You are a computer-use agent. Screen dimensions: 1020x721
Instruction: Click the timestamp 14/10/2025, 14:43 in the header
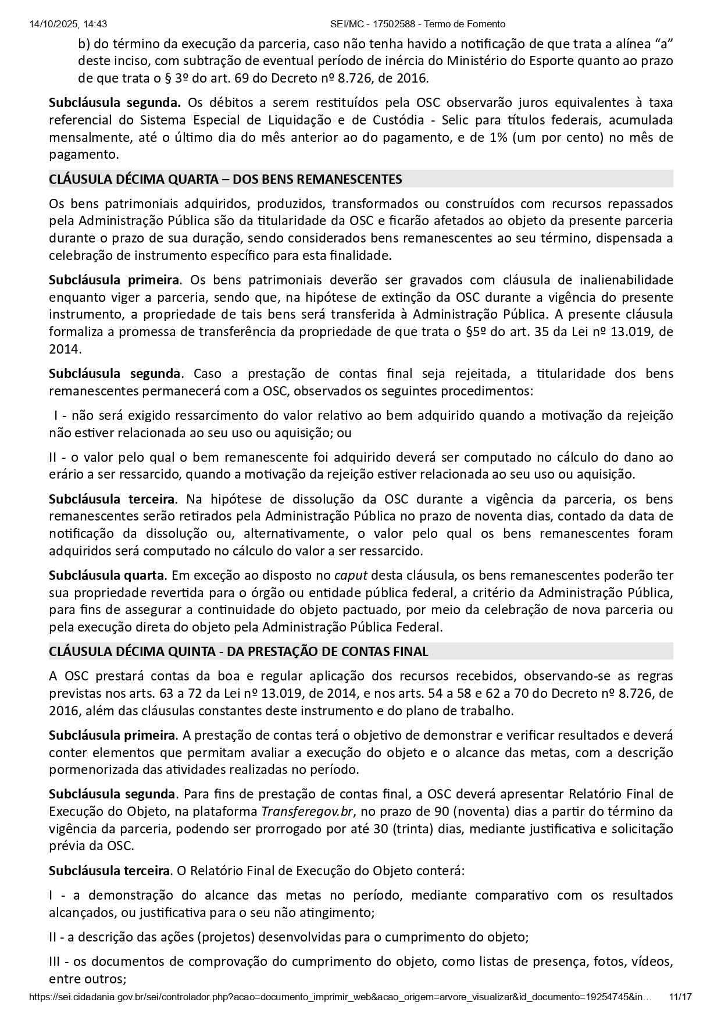67,24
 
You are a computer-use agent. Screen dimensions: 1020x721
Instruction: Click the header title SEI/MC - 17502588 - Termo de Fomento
417,24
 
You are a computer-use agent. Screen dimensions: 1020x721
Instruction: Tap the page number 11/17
680,997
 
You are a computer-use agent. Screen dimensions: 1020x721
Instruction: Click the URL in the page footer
340,997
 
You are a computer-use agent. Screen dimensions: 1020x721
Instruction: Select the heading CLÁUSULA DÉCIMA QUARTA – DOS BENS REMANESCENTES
226,179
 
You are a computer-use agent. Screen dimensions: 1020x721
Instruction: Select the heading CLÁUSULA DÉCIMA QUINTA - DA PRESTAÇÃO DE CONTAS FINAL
238,651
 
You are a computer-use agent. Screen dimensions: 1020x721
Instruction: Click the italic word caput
351,576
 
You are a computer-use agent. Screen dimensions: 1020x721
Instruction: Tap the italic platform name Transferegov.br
302,812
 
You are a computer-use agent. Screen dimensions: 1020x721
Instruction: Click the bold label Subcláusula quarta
106,576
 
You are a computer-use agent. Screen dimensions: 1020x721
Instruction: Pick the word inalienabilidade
620,280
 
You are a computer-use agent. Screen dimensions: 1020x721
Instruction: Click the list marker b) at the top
84,44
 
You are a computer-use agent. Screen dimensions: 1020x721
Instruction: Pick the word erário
65,475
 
